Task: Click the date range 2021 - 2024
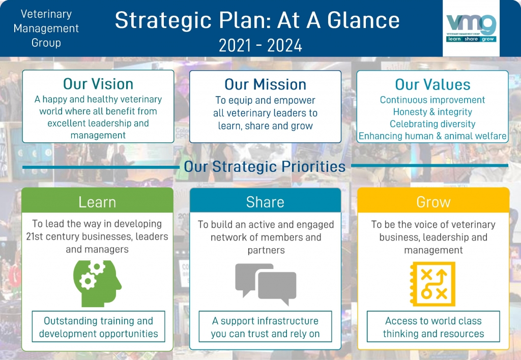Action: pos(260,45)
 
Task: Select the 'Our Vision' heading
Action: pos(98,84)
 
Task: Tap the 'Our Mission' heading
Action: pos(265,84)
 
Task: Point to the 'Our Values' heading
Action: pos(432,84)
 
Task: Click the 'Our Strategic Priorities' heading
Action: pos(265,166)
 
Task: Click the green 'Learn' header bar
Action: pos(97,201)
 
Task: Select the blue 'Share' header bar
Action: pos(265,201)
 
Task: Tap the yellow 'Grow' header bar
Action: pos(433,202)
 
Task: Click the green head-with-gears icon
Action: pos(98,283)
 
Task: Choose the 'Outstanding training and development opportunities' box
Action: pos(98,327)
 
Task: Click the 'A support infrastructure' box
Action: pos(265,327)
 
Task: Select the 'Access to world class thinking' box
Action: pos(433,327)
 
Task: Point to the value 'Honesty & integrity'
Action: pos(432,112)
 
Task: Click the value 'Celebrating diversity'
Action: pos(432,124)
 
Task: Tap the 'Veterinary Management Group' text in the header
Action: pos(46,28)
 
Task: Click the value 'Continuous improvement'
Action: pos(432,100)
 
